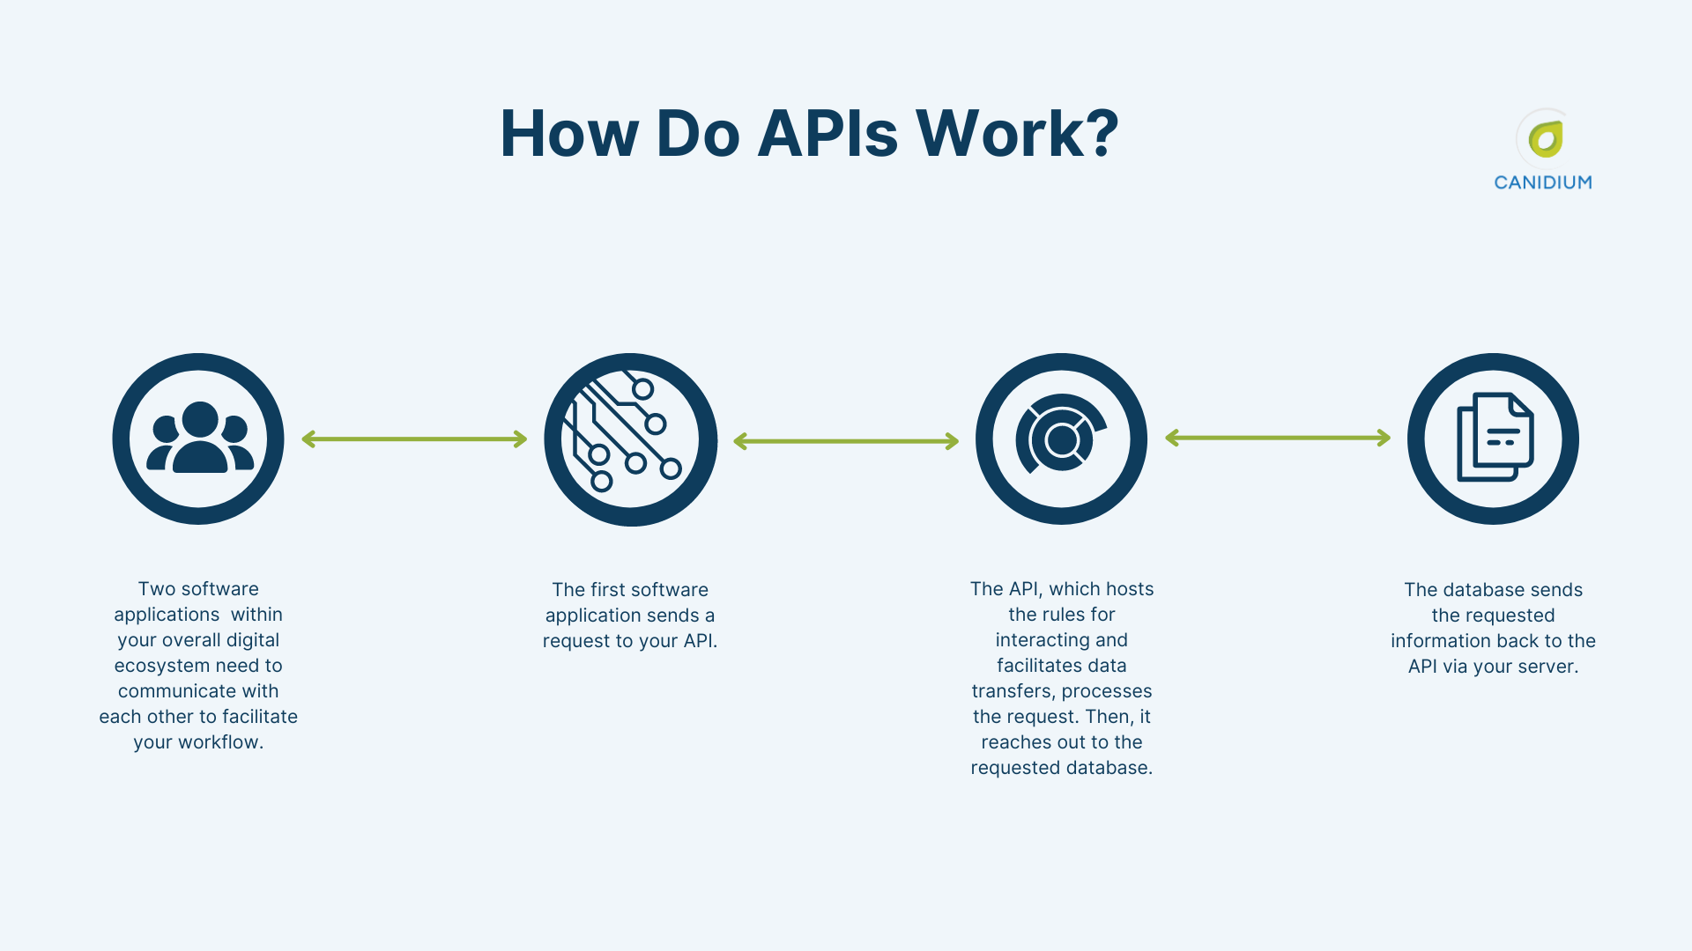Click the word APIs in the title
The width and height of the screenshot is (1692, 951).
click(x=827, y=134)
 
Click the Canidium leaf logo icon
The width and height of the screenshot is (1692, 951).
click(x=1545, y=139)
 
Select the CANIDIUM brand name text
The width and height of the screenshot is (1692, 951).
click(x=1543, y=182)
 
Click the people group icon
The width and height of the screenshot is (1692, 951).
click(x=199, y=439)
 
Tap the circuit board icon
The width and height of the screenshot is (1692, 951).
click(x=630, y=439)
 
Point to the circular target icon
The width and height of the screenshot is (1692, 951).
click(x=1061, y=439)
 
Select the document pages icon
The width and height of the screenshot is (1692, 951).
click(x=1493, y=439)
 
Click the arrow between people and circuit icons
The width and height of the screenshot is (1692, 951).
click(x=414, y=439)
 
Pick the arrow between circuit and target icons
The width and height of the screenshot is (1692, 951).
click(x=846, y=441)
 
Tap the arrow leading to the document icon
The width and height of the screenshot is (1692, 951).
click(x=1278, y=438)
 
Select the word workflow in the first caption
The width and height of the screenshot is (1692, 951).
click(x=219, y=742)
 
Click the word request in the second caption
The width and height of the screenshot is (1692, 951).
click(x=576, y=641)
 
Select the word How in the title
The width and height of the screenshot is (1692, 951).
click(x=568, y=134)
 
